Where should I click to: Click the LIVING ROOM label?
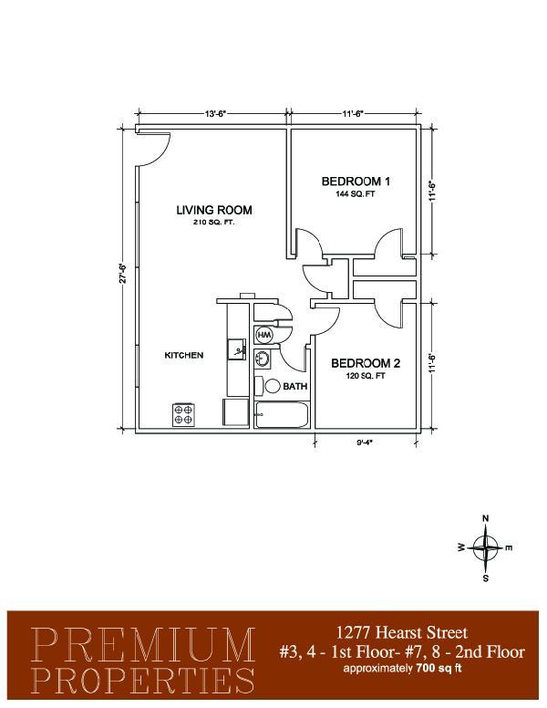pos(214,210)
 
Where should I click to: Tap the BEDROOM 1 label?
pos(356,182)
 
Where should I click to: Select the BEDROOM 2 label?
pos(366,363)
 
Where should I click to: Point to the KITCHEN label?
pos(183,355)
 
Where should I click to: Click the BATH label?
pos(295,387)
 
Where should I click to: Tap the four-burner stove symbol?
pos(183,414)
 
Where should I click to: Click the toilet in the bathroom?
pos(268,386)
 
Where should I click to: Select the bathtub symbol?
pos(282,414)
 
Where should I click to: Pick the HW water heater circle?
pos(264,335)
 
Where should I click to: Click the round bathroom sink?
pos(263,359)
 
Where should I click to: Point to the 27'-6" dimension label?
pos(123,273)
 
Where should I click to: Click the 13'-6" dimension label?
pos(215,114)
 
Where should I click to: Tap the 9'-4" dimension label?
pos(365,442)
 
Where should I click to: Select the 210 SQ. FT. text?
pos(214,222)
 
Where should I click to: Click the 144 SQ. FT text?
pos(356,194)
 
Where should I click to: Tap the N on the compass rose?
pos(486,518)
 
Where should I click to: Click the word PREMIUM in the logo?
pos(143,645)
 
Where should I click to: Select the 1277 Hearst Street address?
pos(402,632)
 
